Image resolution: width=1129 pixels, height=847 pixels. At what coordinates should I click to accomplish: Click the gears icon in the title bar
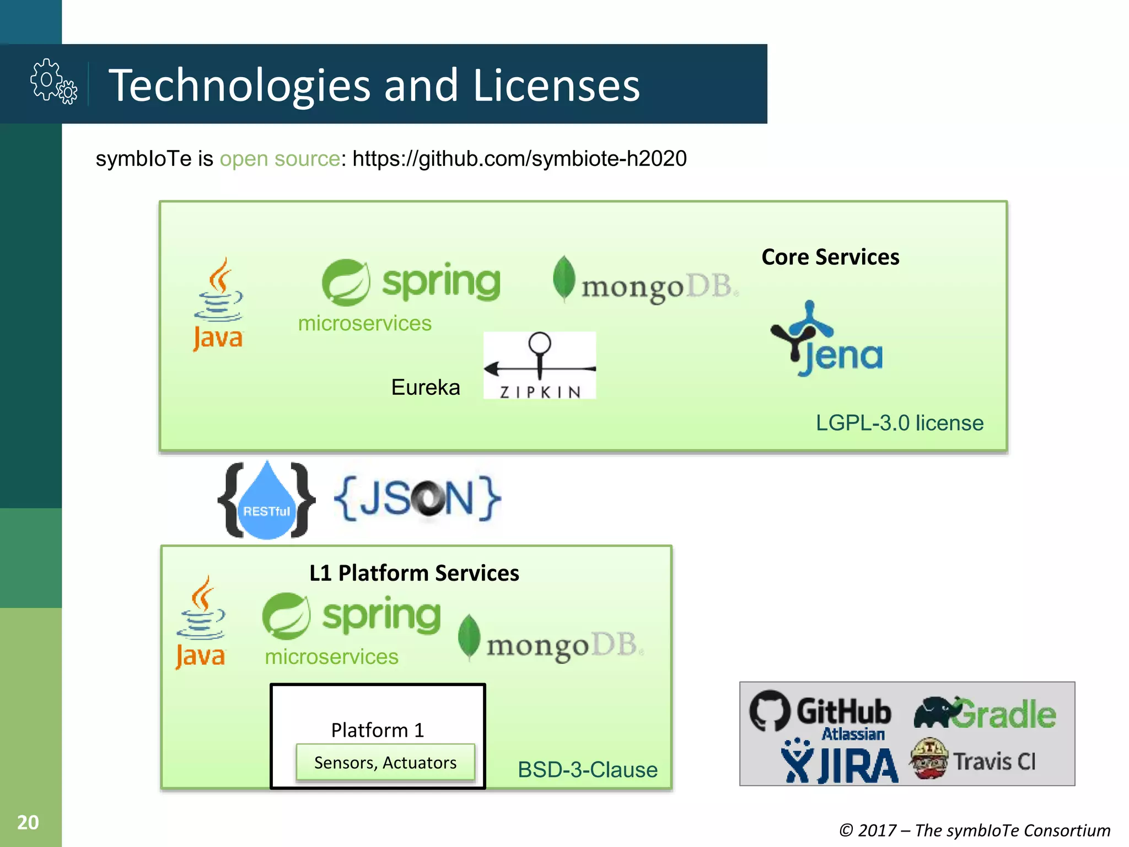pos(53,82)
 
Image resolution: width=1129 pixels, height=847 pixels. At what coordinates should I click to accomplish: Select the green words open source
pos(280,159)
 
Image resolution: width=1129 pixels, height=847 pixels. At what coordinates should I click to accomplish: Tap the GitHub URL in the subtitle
pos(519,159)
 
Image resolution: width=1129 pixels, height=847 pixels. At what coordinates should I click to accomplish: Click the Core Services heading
pos(830,257)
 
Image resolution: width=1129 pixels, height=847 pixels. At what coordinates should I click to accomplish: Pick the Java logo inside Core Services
pos(218,304)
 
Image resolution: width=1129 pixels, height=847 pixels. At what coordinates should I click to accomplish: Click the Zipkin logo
pos(539,365)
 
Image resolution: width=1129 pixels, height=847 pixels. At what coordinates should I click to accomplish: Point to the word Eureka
pos(425,387)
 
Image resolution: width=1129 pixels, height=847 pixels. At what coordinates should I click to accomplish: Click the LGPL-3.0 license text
pos(899,423)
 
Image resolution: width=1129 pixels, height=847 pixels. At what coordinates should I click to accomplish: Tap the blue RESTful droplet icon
pos(267,502)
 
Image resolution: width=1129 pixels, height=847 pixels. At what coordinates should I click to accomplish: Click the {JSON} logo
pos(417,498)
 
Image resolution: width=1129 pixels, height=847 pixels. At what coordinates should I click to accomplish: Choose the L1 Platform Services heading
pos(414,573)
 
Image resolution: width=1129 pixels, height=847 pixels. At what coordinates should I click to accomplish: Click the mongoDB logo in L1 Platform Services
pos(551,640)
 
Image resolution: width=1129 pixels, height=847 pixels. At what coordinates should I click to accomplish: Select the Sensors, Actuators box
pos(385,763)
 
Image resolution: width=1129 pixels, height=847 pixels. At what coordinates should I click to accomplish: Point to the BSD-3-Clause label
pos(587,770)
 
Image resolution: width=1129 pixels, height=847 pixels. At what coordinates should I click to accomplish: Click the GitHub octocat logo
pos(770,710)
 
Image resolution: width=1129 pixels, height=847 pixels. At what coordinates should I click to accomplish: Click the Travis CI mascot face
pos(929,759)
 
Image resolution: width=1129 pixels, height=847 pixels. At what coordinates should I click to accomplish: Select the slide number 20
pos(28,822)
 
